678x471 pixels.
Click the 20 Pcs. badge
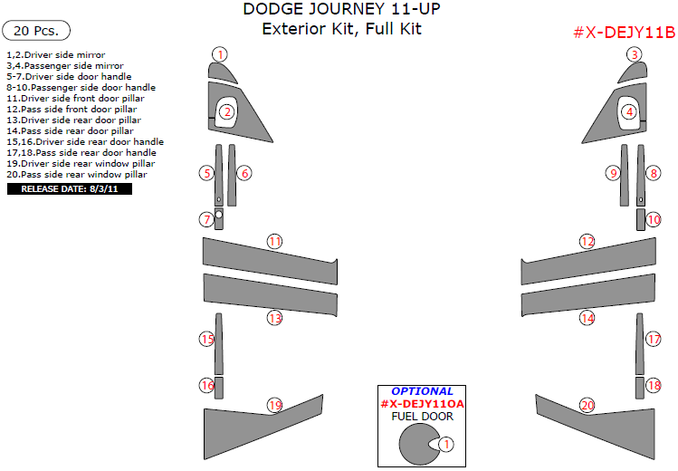pyautogui.click(x=36, y=31)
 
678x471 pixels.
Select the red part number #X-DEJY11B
pyautogui.click(x=624, y=33)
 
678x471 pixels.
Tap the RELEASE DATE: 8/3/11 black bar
pyautogui.click(x=70, y=189)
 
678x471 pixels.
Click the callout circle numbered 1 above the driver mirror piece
pyautogui.click(x=220, y=54)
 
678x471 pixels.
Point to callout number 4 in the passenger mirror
pyautogui.click(x=630, y=112)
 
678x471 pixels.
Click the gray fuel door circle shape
pyautogui.click(x=417, y=444)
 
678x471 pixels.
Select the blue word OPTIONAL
pyautogui.click(x=422, y=391)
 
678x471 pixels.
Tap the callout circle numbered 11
pyautogui.click(x=275, y=241)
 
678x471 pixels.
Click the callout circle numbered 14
pyautogui.click(x=587, y=318)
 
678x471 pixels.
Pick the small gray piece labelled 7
pyautogui.click(x=219, y=219)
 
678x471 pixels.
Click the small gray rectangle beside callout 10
pyautogui.click(x=640, y=220)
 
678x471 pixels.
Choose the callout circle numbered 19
pyautogui.click(x=275, y=405)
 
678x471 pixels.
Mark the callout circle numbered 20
pyautogui.click(x=587, y=405)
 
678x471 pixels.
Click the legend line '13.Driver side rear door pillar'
pyautogui.click(x=74, y=120)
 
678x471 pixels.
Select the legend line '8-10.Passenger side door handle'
pyautogui.click(x=81, y=87)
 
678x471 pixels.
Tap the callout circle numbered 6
pyautogui.click(x=244, y=173)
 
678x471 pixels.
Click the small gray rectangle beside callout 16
pyautogui.click(x=219, y=388)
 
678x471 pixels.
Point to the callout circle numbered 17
pyautogui.click(x=654, y=339)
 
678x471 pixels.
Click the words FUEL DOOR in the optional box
pyautogui.click(x=422, y=417)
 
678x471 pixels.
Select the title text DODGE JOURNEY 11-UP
pyautogui.click(x=341, y=9)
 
